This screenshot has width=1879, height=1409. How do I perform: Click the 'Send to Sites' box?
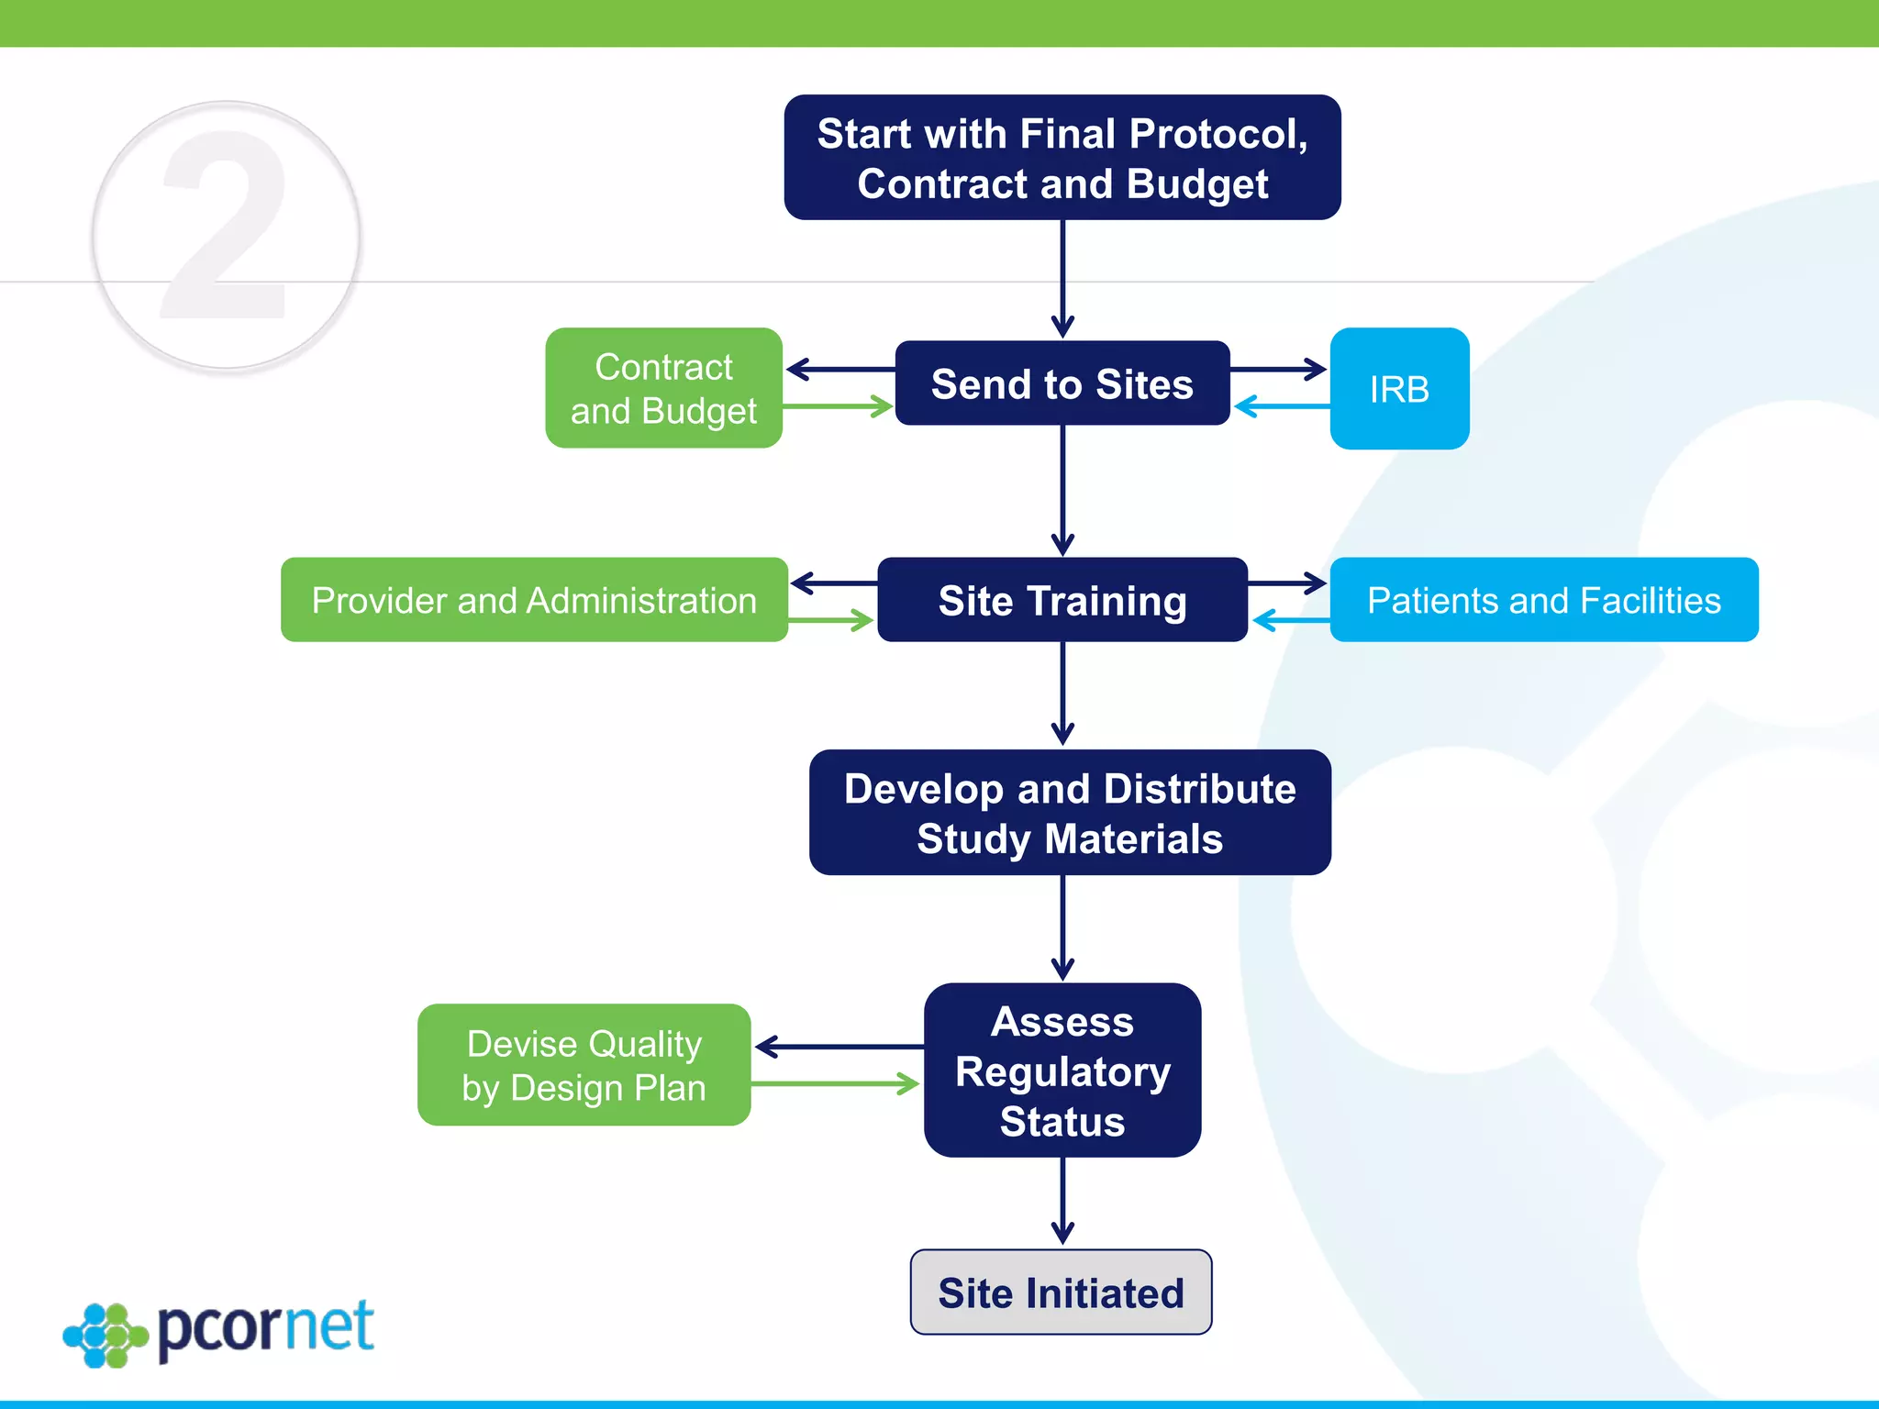1062,383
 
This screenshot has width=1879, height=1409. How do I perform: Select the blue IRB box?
1398,389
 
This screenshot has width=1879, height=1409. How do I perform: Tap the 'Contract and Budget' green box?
663,388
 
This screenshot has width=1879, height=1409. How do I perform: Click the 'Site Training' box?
1062,600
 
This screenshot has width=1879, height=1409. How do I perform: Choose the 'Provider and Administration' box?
534,600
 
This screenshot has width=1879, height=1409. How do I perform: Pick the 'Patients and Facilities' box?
1543,600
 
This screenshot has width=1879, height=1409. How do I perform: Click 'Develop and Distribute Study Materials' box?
1069,813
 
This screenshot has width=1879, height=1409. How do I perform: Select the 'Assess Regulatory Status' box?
1062,1071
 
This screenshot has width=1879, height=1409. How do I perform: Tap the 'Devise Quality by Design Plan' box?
584,1065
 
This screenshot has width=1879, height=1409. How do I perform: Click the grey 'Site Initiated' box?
1061,1292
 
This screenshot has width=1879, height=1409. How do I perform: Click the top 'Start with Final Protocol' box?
1062,158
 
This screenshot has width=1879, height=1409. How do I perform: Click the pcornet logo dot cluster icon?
105,1335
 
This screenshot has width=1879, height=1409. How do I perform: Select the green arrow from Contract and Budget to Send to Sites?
837,406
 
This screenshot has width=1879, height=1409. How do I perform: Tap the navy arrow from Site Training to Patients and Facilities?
1287,582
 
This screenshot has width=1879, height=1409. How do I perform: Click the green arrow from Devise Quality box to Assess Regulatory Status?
835,1084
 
